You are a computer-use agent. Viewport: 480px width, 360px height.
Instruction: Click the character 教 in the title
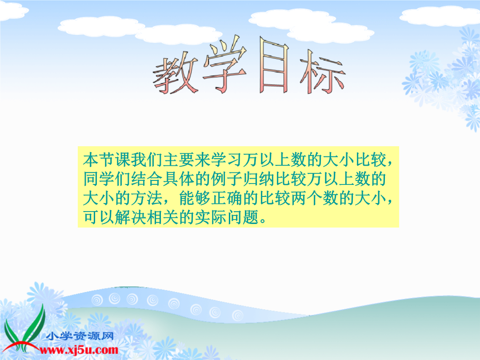(x=176, y=73)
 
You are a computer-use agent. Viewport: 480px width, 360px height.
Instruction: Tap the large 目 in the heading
(x=274, y=64)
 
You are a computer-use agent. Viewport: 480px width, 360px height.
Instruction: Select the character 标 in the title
(x=322, y=72)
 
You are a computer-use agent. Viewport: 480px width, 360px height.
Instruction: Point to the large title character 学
(x=225, y=64)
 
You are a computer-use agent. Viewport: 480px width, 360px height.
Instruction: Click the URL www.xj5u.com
(x=79, y=350)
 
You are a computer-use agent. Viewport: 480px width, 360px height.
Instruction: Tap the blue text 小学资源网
(x=80, y=336)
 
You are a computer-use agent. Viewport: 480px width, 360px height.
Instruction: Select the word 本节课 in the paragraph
(x=107, y=160)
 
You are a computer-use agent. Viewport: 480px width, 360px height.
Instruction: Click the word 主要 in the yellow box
(x=179, y=160)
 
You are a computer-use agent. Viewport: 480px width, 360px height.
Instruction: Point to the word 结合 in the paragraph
(x=147, y=179)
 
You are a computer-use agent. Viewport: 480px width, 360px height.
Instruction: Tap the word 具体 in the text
(x=179, y=179)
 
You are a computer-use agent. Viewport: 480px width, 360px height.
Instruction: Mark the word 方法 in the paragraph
(x=147, y=198)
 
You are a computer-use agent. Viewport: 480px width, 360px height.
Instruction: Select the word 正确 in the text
(x=227, y=198)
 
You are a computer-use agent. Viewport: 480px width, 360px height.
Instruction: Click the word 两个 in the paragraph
(x=307, y=198)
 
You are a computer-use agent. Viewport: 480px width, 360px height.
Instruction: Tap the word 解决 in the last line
(x=131, y=217)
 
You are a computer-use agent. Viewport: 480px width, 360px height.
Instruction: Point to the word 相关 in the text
(x=163, y=217)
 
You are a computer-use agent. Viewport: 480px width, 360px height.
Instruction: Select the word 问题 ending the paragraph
(x=243, y=217)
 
